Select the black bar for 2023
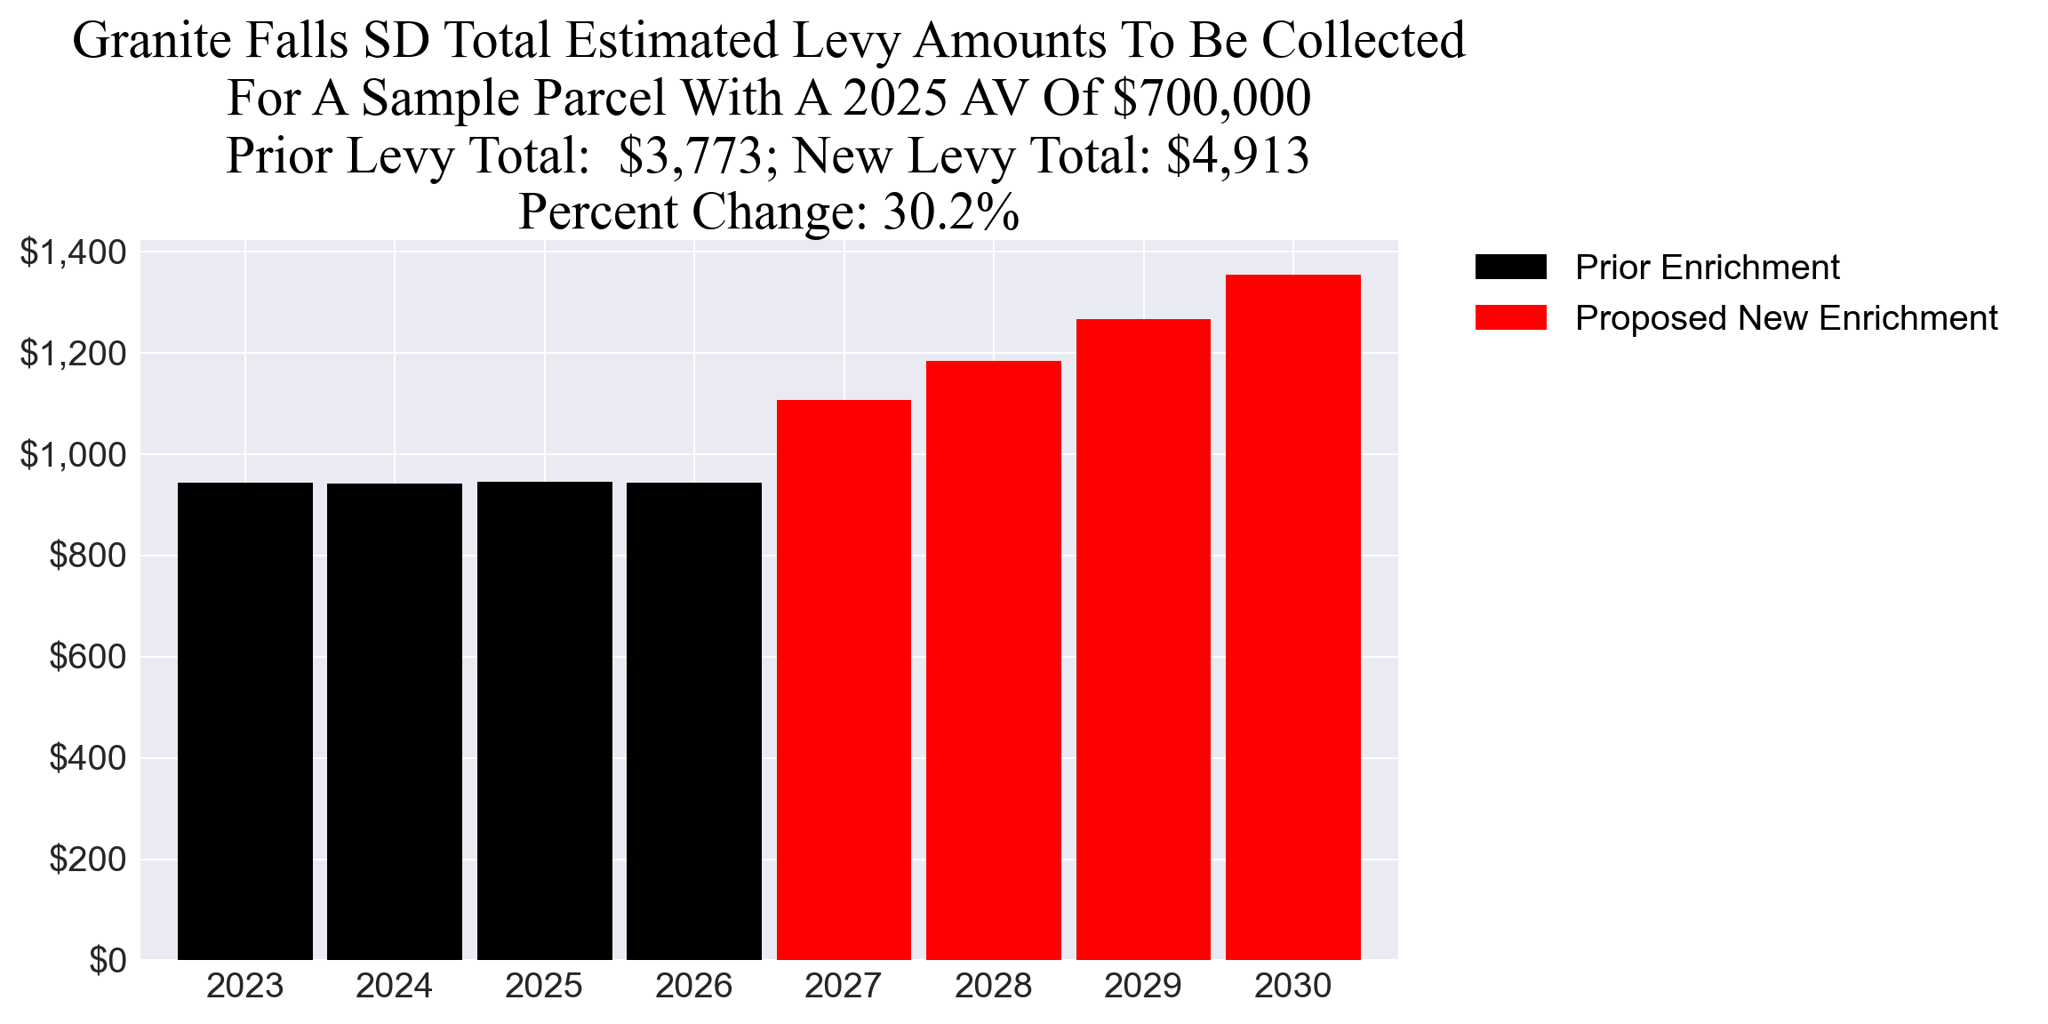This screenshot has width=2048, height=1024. pyautogui.click(x=245, y=721)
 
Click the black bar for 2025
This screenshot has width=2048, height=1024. pyautogui.click(x=544, y=721)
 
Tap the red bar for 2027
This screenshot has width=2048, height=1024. pyautogui.click(x=844, y=680)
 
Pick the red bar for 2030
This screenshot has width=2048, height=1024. pyautogui.click(x=1292, y=617)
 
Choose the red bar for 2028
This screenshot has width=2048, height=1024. pyautogui.click(x=993, y=660)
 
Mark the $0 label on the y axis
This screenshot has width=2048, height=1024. pyautogui.click(x=108, y=961)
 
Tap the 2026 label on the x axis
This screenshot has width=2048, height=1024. pyautogui.click(x=693, y=986)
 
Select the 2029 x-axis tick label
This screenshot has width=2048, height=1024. pyautogui.click(x=1142, y=986)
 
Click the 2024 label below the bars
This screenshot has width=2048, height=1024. pyautogui.click(x=394, y=986)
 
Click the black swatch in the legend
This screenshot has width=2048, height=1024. pyautogui.click(x=1510, y=267)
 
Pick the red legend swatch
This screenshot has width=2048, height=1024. pyautogui.click(x=1510, y=317)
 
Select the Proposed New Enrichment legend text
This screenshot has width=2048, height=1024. pyautogui.click(x=1786, y=317)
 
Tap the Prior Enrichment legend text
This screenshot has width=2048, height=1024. pyautogui.click(x=1707, y=267)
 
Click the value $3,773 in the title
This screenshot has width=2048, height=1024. pyautogui.click(x=691, y=156)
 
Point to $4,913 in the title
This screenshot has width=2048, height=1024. pyautogui.click(x=1237, y=156)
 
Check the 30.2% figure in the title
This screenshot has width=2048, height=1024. pyautogui.click(x=950, y=212)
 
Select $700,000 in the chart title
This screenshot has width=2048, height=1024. pyautogui.click(x=1212, y=98)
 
